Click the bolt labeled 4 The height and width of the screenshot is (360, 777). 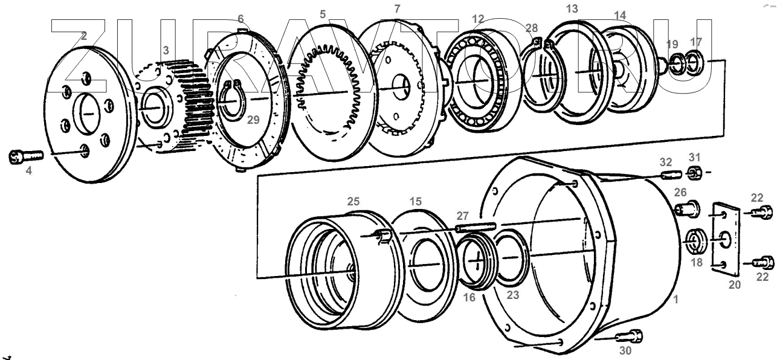click(25, 156)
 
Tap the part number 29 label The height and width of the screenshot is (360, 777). click(253, 120)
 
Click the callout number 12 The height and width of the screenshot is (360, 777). click(478, 19)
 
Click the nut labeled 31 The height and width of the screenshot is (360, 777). click(695, 174)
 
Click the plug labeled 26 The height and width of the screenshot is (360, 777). click(686, 209)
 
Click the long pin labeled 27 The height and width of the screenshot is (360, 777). click(475, 228)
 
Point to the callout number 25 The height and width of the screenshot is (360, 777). click(353, 200)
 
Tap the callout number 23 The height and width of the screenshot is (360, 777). click(513, 296)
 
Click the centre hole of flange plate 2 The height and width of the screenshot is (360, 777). click(88, 112)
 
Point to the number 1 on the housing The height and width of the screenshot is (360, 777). click(676, 299)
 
